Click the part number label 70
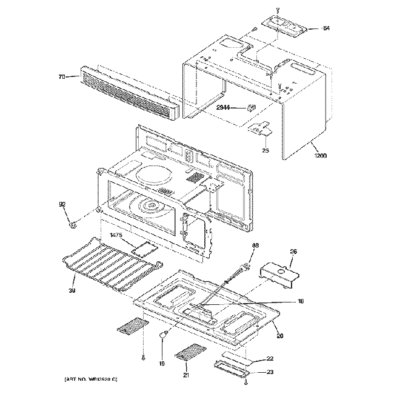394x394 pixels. tap(62, 77)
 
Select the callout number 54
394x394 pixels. tap(326, 28)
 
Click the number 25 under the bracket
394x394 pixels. tap(265, 149)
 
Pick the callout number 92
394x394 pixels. tap(62, 204)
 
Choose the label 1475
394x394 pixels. tap(117, 235)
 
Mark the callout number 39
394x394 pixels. tap(72, 290)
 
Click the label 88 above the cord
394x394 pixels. tap(255, 245)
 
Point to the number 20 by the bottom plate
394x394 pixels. tap(279, 336)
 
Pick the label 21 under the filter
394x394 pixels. tap(187, 375)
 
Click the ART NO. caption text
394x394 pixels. tap(90, 379)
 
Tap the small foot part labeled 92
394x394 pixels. tap(73, 225)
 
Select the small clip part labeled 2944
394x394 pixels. tap(251, 108)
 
